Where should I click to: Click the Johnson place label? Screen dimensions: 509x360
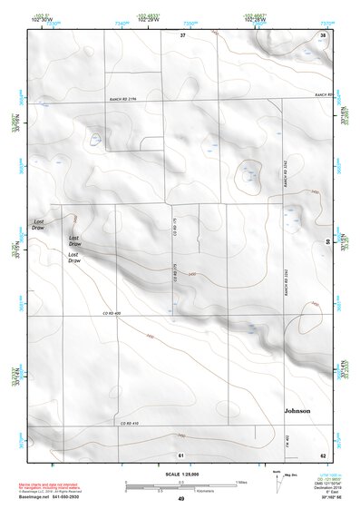tap(297, 411)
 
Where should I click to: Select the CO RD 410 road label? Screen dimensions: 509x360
tap(129, 424)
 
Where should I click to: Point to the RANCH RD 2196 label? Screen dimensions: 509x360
tap(122, 100)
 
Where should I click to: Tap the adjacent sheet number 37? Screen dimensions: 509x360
tap(181, 34)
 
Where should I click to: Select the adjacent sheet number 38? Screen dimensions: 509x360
tap(323, 34)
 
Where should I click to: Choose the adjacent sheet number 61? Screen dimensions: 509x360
tap(181, 454)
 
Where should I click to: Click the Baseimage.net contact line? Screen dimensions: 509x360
tap(53, 496)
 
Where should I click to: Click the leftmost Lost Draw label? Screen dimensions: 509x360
tap(39, 224)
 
